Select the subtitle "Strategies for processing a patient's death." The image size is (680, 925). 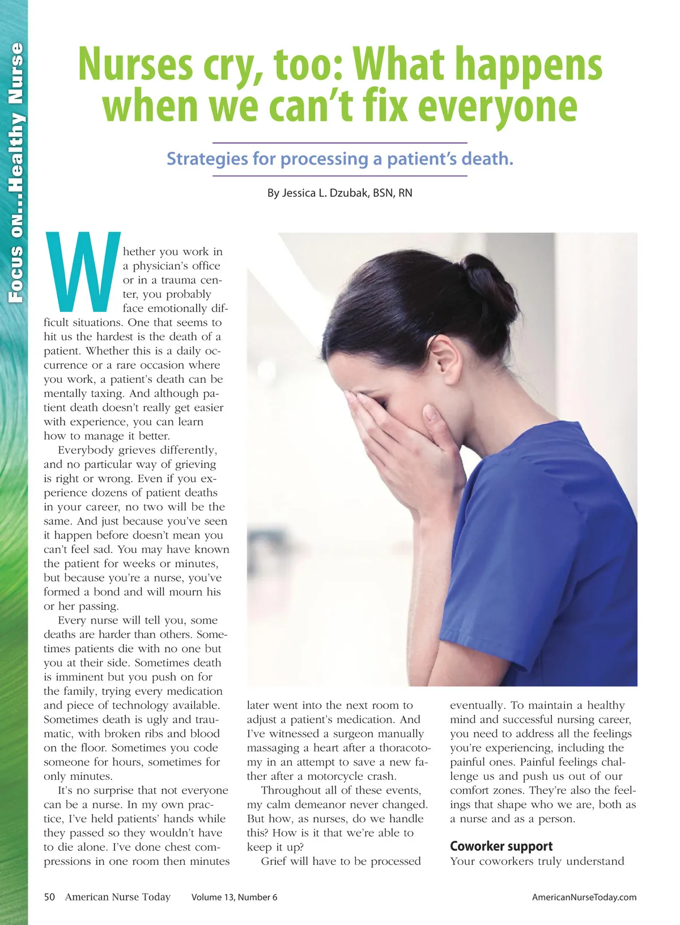pos(339,159)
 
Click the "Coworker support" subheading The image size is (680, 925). pos(501,846)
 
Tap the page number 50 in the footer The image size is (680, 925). pos(50,897)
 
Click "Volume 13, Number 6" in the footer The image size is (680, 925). pos(234,897)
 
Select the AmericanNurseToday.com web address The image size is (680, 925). pos(584,897)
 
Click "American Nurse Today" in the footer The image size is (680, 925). pos(118,897)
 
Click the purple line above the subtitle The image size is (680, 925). pos(339,143)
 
